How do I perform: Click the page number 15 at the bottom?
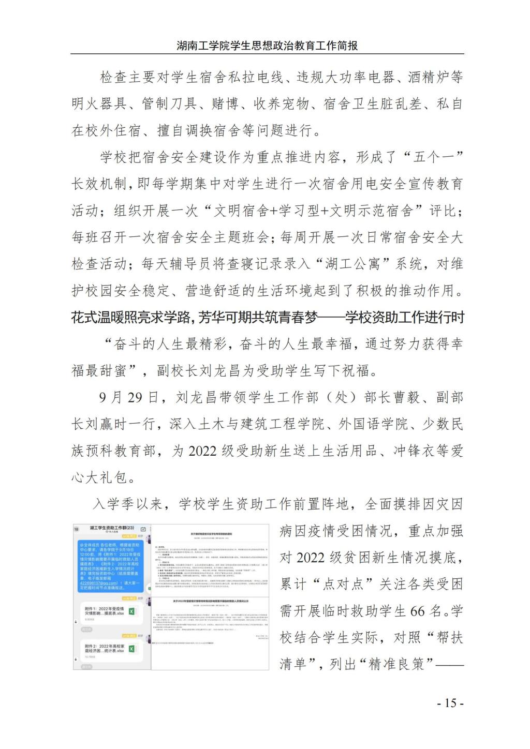coord(450,703)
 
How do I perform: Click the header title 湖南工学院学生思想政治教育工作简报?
coord(267,46)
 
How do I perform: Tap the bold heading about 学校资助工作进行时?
coord(267,317)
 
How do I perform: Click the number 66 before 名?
coord(418,611)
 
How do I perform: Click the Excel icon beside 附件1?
coord(132,611)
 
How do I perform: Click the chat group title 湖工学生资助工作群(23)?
coord(112,528)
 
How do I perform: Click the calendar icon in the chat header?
coord(143,530)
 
